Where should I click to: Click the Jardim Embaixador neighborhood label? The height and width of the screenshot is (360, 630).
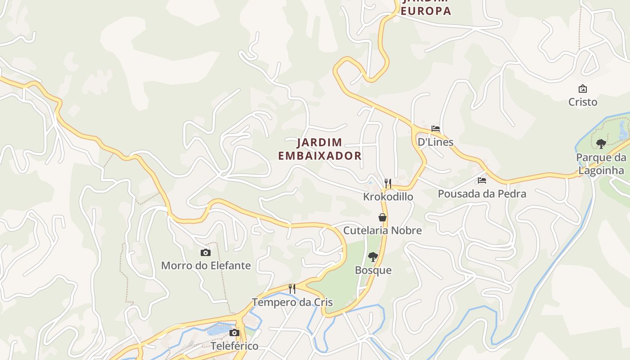(x=320, y=149)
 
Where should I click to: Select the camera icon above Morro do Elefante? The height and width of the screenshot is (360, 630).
(x=206, y=252)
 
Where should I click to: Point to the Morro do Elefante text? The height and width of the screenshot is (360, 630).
(x=206, y=265)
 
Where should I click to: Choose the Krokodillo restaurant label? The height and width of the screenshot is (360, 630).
(x=388, y=197)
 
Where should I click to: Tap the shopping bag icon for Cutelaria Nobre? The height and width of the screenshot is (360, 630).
(x=382, y=217)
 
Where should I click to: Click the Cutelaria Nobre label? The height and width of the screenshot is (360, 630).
(x=382, y=230)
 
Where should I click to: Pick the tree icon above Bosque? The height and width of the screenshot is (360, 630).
(x=373, y=257)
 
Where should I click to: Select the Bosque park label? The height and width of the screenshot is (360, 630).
(x=373, y=270)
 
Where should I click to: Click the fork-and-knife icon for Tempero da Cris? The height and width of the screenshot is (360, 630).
(x=292, y=288)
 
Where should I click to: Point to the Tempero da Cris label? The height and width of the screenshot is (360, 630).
(x=292, y=302)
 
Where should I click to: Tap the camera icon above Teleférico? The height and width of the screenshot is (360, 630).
(x=234, y=333)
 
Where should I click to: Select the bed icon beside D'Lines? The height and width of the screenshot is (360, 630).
(x=435, y=129)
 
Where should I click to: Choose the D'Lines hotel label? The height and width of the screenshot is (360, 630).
(x=435, y=142)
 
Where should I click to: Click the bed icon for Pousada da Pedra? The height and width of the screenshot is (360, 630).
(x=482, y=180)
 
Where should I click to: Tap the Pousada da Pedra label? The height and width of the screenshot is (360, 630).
(x=482, y=194)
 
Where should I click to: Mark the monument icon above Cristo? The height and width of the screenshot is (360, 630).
(x=583, y=89)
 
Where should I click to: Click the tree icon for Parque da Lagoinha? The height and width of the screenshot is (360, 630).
(x=601, y=144)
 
